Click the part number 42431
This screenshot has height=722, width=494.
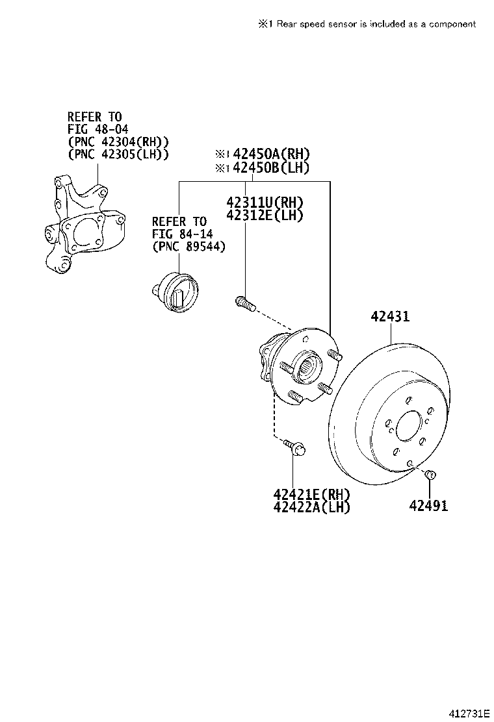click(x=390, y=316)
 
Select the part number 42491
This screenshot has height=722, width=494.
click(x=428, y=505)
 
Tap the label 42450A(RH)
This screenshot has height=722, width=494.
click(x=271, y=154)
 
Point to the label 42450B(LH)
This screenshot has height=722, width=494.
click(x=271, y=168)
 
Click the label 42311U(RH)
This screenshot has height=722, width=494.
click(x=265, y=202)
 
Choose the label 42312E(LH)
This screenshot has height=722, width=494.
click(x=265, y=216)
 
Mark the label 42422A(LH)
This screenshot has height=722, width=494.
click(x=312, y=507)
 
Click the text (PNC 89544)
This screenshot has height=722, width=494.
click(x=188, y=247)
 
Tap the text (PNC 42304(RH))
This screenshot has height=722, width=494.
click(x=118, y=142)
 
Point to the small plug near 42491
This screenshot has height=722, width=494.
click(x=428, y=476)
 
